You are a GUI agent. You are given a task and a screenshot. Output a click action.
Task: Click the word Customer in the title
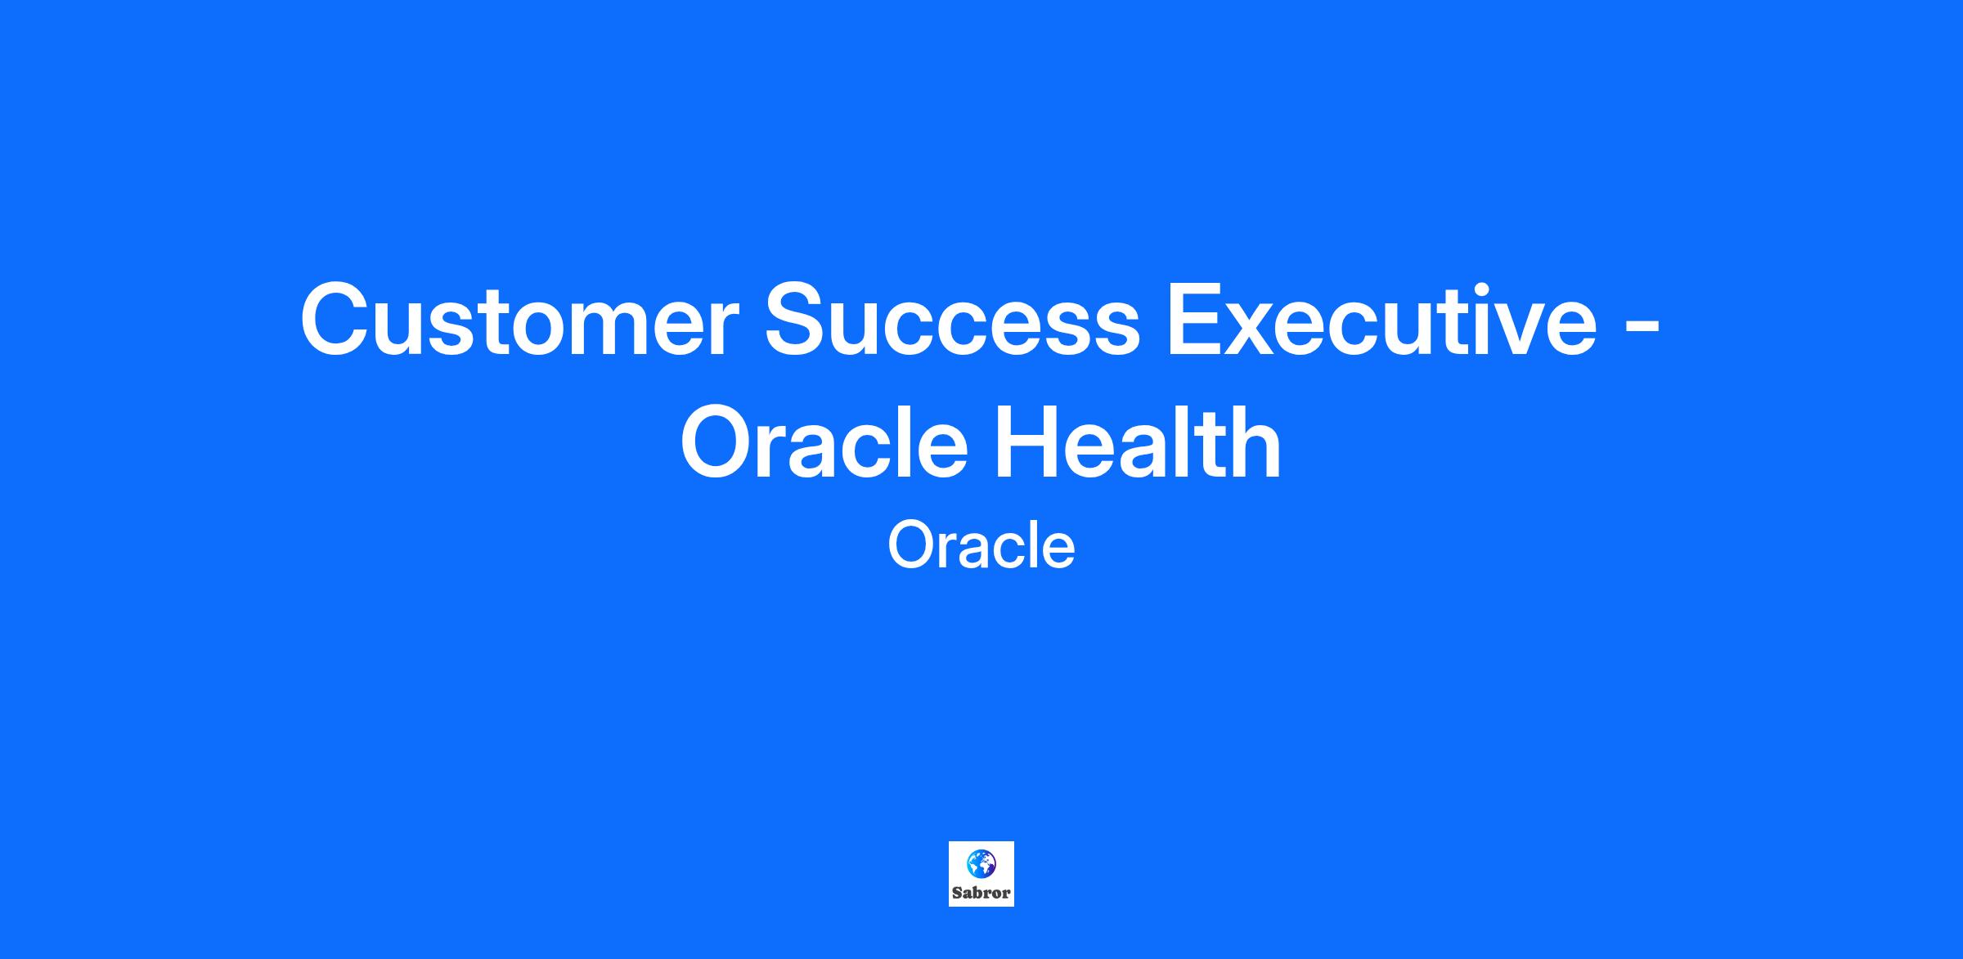tap(520, 320)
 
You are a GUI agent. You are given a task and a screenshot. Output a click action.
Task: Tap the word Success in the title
tap(952, 320)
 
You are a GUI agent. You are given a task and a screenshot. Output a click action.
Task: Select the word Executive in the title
tap(1382, 318)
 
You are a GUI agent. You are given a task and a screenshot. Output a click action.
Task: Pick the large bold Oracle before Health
tap(824, 442)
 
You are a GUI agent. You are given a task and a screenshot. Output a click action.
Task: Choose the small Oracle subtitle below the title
tap(981, 545)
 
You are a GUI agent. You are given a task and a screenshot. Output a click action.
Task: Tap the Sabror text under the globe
tap(981, 893)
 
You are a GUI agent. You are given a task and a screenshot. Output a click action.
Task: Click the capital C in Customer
tap(337, 320)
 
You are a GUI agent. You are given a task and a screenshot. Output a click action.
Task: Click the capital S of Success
tap(798, 320)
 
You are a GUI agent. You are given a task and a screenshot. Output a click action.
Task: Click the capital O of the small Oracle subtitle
tap(910, 546)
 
